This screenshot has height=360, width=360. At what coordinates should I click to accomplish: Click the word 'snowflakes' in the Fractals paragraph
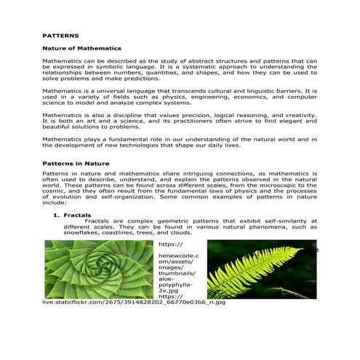[84, 233]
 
